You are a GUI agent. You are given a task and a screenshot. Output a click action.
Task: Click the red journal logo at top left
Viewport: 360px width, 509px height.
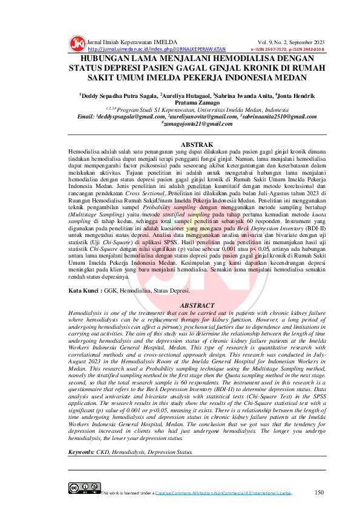(x=77, y=44)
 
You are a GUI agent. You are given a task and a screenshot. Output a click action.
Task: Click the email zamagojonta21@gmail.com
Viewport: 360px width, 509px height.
(x=180, y=123)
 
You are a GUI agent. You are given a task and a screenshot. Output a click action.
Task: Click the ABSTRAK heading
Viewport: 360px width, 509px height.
(x=180, y=144)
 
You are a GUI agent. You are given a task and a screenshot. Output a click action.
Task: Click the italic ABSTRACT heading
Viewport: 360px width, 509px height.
(x=180, y=306)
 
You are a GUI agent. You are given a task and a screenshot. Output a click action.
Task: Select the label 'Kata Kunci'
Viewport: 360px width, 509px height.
(x=84, y=291)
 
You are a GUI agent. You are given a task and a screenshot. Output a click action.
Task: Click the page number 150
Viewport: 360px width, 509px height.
(x=319, y=492)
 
